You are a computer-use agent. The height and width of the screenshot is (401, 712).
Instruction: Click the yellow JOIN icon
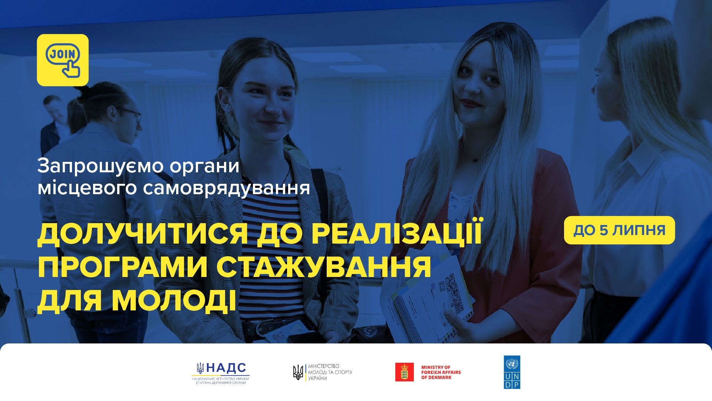(63, 60)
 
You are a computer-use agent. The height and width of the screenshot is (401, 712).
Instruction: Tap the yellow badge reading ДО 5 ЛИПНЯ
(619, 230)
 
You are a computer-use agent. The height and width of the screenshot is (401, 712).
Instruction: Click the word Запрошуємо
(100, 166)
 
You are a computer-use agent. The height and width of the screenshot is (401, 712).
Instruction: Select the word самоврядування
(227, 188)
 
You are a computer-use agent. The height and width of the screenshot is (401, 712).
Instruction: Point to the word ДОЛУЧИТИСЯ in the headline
(143, 234)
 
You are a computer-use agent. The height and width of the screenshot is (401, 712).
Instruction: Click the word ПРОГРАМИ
(122, 267)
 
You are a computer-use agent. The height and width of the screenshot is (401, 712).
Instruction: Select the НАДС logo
(221, 373)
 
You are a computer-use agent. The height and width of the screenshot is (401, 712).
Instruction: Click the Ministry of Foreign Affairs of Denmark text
(441, 372)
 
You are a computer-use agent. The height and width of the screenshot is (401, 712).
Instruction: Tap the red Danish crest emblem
(404, 372)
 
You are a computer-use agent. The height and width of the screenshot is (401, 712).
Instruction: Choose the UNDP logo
(512, 372)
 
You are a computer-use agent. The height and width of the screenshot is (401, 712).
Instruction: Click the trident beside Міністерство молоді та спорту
(298, 372)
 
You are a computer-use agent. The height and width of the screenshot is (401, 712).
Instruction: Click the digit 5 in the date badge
(604, 230)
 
